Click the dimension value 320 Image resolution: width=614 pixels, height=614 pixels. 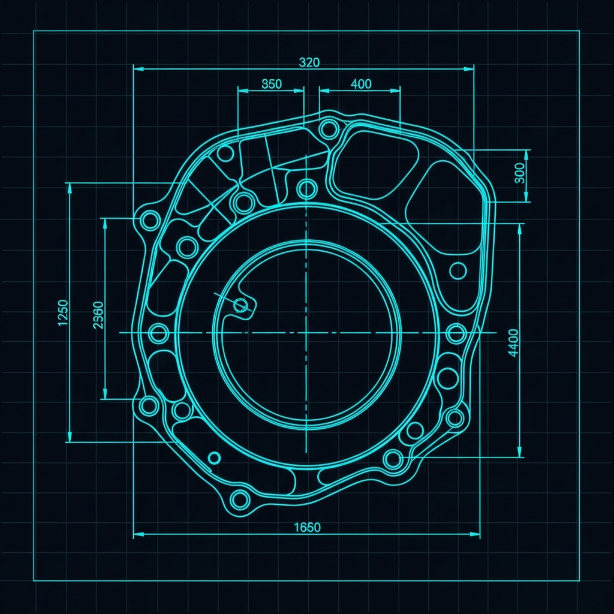tap(309, 62)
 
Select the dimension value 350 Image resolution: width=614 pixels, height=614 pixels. tap(272, 84)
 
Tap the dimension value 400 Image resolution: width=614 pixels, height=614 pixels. tap(360, 84)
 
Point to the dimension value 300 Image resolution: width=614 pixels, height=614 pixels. tap(519, 173)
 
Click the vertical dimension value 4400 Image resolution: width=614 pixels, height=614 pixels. tap(513, 342)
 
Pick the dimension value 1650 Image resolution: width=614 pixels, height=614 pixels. tap(307, 528)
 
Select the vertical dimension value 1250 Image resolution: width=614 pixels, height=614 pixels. tap(62, 312)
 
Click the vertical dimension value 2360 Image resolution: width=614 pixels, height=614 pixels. tap(98, 315)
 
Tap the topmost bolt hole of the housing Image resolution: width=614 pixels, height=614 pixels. tap(329, 128)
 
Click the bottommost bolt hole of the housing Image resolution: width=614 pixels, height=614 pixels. tap(240, 499)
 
